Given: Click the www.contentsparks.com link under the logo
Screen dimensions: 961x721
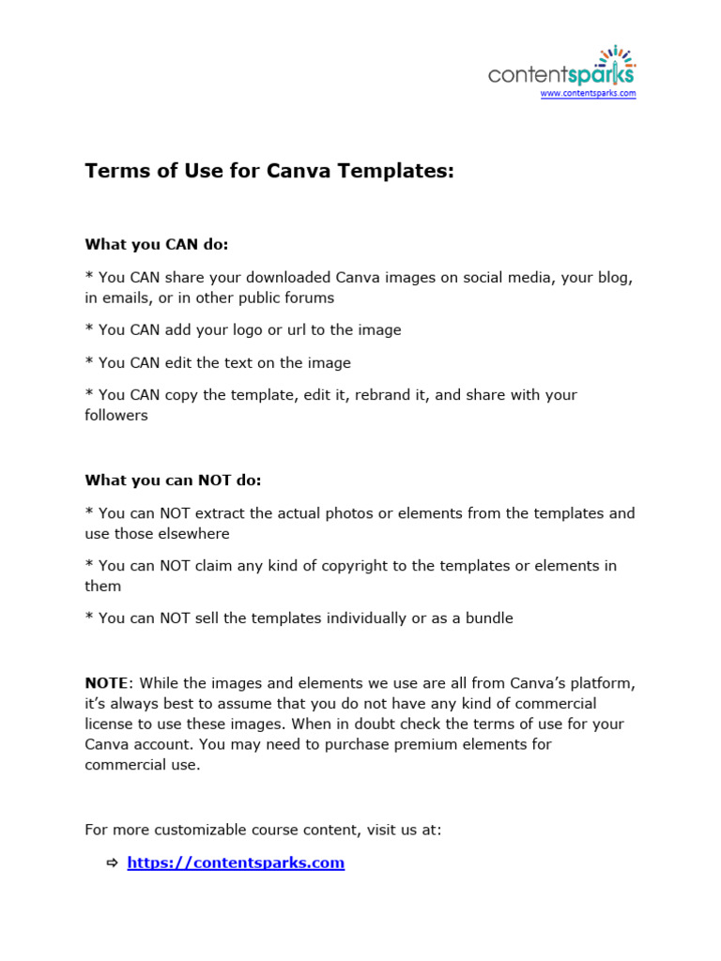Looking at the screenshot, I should coord(588,94).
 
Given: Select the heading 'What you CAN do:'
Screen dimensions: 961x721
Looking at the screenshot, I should coord(157,245).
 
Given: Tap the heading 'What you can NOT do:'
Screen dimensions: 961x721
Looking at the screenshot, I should coord(173,480).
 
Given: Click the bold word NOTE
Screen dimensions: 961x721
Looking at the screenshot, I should coord(105,683).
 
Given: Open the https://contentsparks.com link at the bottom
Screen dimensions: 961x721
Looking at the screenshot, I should coord(236,862).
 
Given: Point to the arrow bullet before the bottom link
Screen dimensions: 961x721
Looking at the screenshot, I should coord(112,862).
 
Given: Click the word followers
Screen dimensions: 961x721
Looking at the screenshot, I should coord(116,416).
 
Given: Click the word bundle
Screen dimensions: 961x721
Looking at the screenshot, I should coord(487,618).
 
